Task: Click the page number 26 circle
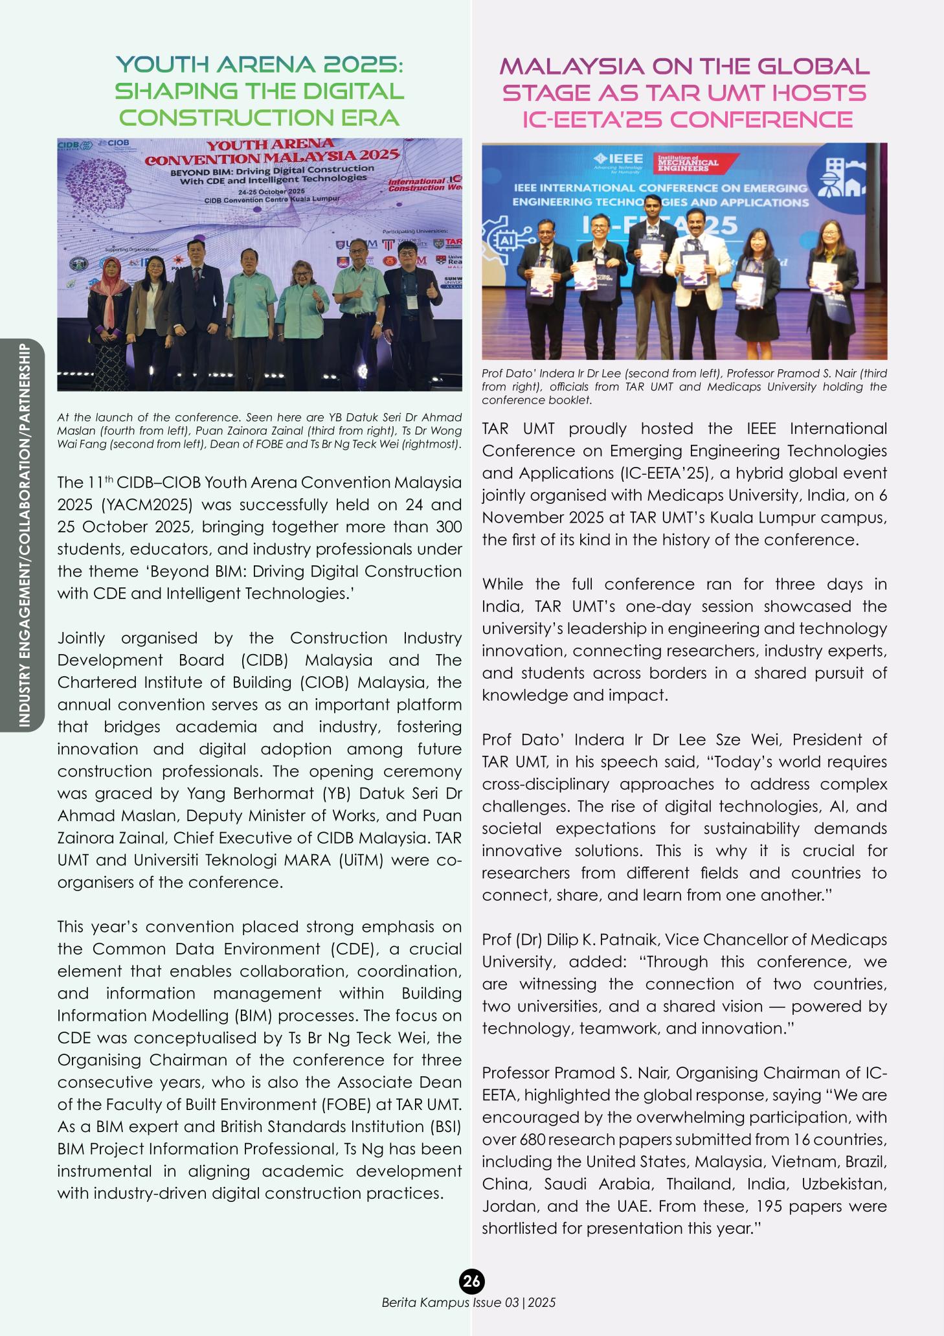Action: pyautogui.click(x=472, y=1280)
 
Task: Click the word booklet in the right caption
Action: pyautogui.click(x=573, y=400)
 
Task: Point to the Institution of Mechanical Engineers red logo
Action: pyautogui.click(x=688, y=163)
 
